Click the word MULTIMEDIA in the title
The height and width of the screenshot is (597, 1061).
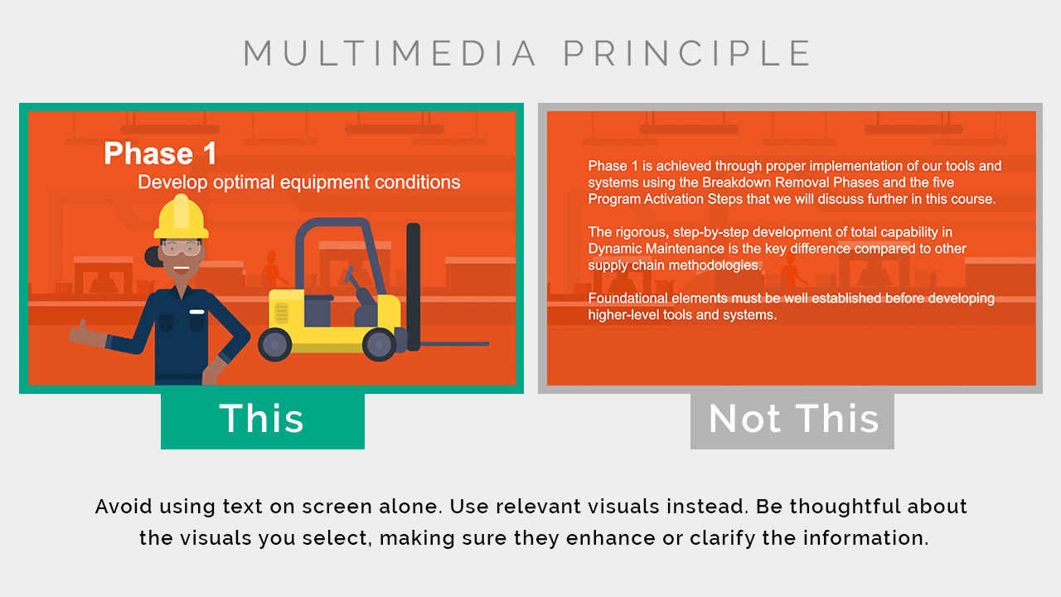click(x=390, y=53)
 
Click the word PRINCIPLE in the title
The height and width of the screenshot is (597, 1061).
click(x=687, y=53)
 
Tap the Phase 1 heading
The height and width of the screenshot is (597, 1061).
click(x=160, y=153)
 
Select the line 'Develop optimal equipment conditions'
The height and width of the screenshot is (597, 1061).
click(x=299, y=182)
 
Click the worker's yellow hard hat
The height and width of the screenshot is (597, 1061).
click(x=181, y=218)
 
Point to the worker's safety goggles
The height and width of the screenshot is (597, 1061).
click(x=182, y=248)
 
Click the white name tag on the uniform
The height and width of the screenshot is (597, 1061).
click(x=196, y=312)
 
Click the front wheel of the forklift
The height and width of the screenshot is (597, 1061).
click(x=380, y=344)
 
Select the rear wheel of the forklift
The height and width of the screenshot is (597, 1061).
click(x=274, y=344)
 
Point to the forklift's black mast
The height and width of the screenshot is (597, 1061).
click(x=413, y=287)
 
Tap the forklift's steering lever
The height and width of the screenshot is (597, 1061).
click(x=356, y=284)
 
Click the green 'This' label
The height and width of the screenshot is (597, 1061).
click(x=263, y=420)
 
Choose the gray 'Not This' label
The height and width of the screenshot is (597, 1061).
click(x=792, y=420)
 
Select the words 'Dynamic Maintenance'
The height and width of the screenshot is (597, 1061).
click(x=656, y=248)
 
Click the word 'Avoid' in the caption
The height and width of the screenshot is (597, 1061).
click(x=124, y=507)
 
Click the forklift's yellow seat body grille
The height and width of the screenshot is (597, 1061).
click(x=281, y=313)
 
